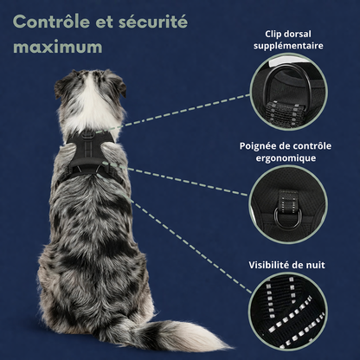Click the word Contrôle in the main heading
coord(52,22)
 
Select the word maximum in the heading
coord(58,48)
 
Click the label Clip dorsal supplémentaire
coord(288,40)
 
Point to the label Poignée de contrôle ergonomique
coord(286,152)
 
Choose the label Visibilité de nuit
coord(286,265)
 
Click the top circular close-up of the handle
coord(288,92)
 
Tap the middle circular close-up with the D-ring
coord(288,204)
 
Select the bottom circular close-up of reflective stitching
coord(288,312)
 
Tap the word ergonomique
coord(286,158)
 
